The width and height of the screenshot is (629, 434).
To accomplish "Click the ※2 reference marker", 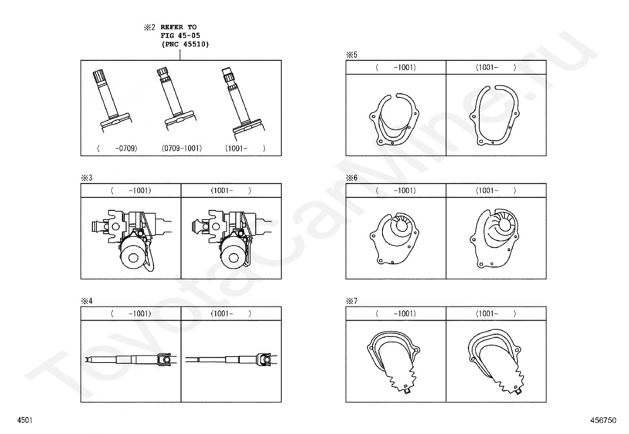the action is (x=149, y=27).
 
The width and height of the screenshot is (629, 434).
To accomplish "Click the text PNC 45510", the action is (x=185, y=44).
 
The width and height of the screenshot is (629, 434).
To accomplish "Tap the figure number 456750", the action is (x=603, y=420).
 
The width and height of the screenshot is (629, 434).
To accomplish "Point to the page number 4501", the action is (x=25, y=420).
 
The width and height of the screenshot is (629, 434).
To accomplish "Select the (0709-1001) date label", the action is (x=182, y=148).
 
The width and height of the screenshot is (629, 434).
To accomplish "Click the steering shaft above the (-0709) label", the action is (x=112, y=100).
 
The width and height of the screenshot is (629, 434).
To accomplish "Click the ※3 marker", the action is (x=87, y=178).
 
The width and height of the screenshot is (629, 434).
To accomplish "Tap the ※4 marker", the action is (x=87, y=301).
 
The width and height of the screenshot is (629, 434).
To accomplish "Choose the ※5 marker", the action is (x=352, y=55).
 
